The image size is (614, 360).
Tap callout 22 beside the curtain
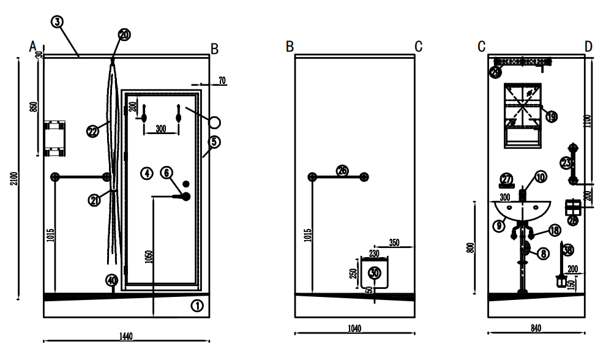click(x=92, y=131)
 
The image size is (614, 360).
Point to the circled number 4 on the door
click(x=146, y=173)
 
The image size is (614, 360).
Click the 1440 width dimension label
click(x=126, y=336)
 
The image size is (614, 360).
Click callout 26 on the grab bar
click(x=342, y=171)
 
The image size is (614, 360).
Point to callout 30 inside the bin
click(x=375, y=272)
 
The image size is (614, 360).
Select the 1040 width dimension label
click(x=354, y=328)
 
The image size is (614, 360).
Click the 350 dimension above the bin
click(x=394, y=243)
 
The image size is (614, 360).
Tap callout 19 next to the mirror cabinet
click(x=551, y=116)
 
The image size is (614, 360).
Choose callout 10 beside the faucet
click(x=539, y=178)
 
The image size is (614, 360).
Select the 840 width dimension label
click(x=536, y=328)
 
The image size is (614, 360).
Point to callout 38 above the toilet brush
click(x=568, y=250)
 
